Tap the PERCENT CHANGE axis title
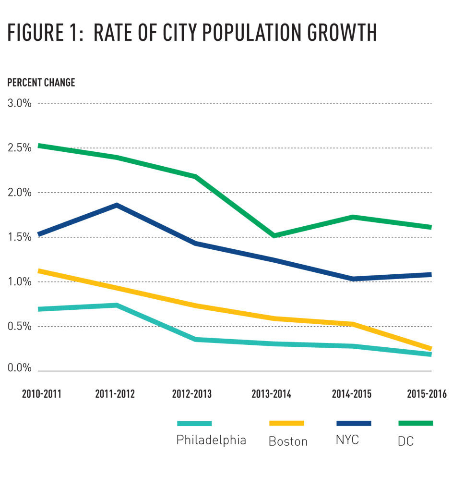point(41,83)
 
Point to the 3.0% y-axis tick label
point(20,103)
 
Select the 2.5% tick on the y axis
point(20,148)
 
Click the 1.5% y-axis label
point(20,237)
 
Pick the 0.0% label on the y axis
point(20,368)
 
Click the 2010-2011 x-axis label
point(42,394)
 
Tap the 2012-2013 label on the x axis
point(192,394)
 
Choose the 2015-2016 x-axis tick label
point(427,394)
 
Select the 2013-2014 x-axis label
point(271,394)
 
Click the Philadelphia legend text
point(211,440)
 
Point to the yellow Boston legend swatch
point(286,423)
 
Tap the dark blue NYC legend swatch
point(354,423)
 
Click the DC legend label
point(406,441)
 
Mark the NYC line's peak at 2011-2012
point(116,206)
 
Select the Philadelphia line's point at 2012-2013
point(196,340)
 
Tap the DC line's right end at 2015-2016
point(430,227)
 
